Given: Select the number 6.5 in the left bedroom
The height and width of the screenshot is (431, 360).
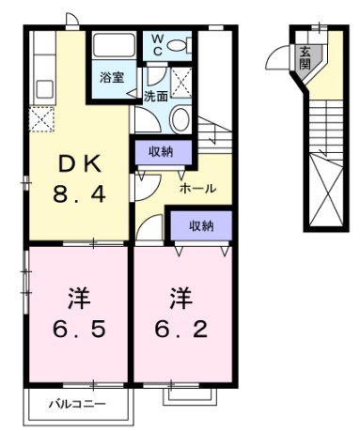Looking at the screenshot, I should (78, 330).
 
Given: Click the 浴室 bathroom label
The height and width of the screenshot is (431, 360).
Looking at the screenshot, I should (113, 77).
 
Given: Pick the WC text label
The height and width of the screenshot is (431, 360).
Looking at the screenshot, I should (157, 44).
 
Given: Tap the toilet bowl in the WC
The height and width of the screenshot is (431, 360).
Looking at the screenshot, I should (181, 44).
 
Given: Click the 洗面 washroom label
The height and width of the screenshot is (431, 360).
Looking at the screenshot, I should (156, 96).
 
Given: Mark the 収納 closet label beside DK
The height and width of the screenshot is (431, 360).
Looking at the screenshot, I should (162, 150).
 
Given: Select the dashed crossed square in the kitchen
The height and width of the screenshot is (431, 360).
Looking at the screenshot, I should (40, 119).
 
